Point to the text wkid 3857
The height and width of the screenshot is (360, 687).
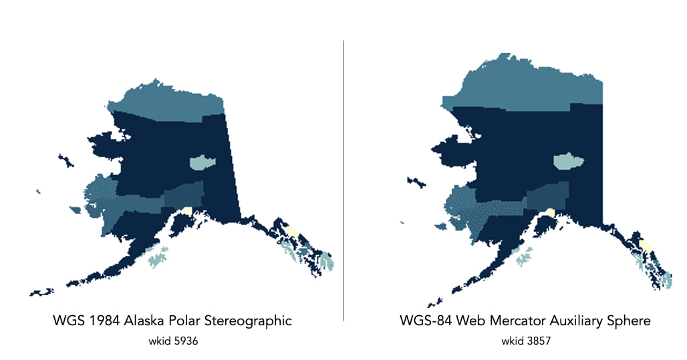pyautogui.click(x=525, y=341)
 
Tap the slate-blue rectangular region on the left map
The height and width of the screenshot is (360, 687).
pyautogui.click(x=182, y=194)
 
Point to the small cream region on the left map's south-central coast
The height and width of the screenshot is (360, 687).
pyautogui.click(x=188, y=210)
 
